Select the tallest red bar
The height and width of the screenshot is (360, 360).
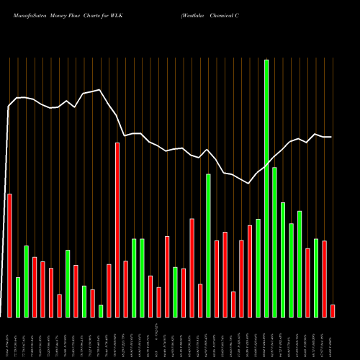point(117,230)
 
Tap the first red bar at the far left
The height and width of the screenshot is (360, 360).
point(9,256)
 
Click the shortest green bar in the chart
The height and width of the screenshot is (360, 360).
point(101,311)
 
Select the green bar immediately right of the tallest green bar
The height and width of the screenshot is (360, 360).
point(274,242)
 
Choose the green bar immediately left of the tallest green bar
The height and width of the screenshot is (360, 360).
point(258,268)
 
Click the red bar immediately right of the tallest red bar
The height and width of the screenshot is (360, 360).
point(125,289)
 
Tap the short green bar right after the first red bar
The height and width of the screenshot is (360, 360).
point(18,297)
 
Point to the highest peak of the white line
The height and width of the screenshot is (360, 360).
point(100,90)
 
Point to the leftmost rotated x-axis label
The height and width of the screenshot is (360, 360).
point(9,338)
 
